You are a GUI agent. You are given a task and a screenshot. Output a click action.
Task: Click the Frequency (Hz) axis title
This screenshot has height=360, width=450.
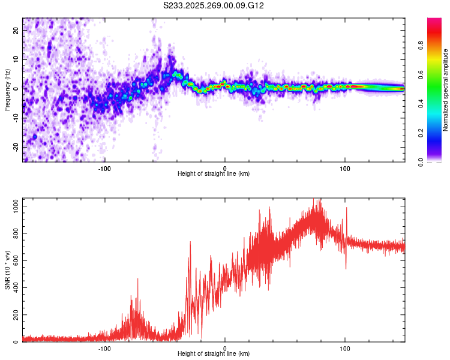pyautogui.click(x=7, y=90)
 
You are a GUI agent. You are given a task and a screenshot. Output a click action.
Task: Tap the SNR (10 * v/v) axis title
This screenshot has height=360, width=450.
pyautogui.click(x=7, y=270)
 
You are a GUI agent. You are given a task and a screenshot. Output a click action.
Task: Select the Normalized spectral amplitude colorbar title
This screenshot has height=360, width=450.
pyautogui.click(x=446, y=90)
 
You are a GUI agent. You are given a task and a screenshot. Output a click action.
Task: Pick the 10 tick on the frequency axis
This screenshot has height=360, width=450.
pyautogui.click(x=16, y=59)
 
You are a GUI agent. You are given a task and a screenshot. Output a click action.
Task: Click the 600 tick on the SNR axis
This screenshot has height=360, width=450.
pyautogui.click(x=14, y=260)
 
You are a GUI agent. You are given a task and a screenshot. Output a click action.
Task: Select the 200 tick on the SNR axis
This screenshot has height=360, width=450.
pyautogui.click(x=14, y=314)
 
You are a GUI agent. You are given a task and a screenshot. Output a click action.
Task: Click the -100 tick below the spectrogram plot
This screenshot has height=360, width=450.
pyautogui.click(x=105, y=167)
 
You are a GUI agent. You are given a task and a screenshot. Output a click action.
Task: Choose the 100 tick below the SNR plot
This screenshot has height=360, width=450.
pyautogui.click(x=345, y=348)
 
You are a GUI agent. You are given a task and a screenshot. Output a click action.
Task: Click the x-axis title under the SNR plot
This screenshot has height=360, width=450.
pyautogui.click(x=214, y=354)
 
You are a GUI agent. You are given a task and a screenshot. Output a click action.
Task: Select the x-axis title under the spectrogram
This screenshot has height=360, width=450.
pyautogui.click(x=214, y=173)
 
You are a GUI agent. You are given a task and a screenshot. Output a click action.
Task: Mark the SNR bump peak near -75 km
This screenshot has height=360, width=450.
pyautogui.click(x=138, y=278)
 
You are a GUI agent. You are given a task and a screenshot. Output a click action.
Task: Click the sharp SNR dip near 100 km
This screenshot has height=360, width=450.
pyautogui.click(x=346, y=268)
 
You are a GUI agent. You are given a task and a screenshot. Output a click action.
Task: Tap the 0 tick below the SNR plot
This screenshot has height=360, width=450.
pyautogui.click(x=225, y=348)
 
